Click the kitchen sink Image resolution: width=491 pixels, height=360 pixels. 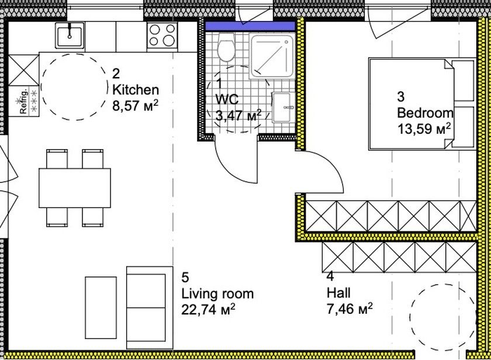pyautogui.click(x=70, y=36)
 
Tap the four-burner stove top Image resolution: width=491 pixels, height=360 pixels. pyautogui.click(x=162, y=36)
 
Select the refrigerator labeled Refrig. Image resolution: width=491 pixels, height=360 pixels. pyautogui.click(x=23, y=101)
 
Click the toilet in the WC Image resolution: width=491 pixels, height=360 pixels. pyautogui.click(x=226, y=47)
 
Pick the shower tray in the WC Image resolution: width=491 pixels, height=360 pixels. pyautogui.click(x=272, y=57)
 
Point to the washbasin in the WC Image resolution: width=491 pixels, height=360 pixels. pyautogui.click(x=283, y=107)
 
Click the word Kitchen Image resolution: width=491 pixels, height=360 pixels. pyautogui.click(x=136, y=90)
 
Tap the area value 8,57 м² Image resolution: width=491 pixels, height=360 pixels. pyautogui.click(x=135, y=106)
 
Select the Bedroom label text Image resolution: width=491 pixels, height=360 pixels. pyautogui.click(x=426, y=113)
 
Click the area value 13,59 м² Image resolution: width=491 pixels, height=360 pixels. pyautogui.click(x=424, y=129)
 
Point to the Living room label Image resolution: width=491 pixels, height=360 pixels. pyautogui.click(x=217, y=293)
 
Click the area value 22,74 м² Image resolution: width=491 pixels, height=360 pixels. pyautogui.click(x=209, y=310)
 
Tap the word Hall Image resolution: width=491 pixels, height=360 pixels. pyautogui.click(x=338, y=293)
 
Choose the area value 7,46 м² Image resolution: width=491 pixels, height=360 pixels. pyautogui.click(x=350, y=309)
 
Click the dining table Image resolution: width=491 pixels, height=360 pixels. pyautogui.click(x=75, y=188)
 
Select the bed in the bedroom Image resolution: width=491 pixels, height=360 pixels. pyautogui.click(x=422, y=103)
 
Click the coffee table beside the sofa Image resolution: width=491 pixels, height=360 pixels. pyautogui.click(x=101, y=307)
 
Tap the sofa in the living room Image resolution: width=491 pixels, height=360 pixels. pyautogui.click(x=150, y=308)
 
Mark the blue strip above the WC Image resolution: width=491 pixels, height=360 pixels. pyautogui.click(x=250, y=26)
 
